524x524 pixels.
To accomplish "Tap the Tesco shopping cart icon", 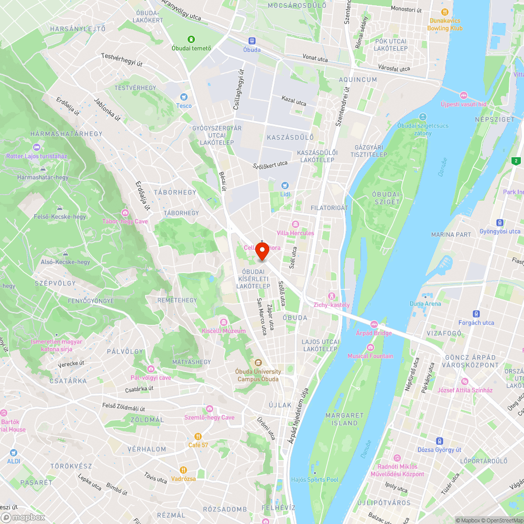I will click(x=183, y=97).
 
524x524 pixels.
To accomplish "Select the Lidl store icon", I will click(x=285, y=185).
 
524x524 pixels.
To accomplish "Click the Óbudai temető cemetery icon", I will click(x=191, y=39).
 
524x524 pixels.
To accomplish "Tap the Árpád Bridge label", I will click(x=374, y=333).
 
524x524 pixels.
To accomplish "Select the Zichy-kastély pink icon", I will click(x=331, y=296).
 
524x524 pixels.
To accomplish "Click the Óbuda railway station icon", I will click(x=252, y=41).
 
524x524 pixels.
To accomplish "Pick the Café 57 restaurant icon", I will click(x=198, y=436).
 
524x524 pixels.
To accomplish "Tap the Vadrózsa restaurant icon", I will click(x=183, y=470).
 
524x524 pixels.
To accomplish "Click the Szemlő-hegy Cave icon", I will click(x=210, y=409).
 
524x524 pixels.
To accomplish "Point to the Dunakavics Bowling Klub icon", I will click(x=445, y=12).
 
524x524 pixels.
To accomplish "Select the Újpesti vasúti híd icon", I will click(x=463, y=95).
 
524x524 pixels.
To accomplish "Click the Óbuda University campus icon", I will click(x=258, y=363).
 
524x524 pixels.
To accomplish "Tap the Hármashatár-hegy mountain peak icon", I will click(x=43, y=169).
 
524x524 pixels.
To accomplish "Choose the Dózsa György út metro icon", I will click(x=439, y=441).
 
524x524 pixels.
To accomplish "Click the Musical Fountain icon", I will click(x=370, y=347).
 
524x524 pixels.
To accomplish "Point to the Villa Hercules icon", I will click(x=295, y=224).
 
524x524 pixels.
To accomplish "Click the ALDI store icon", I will click(x=13, y=452).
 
